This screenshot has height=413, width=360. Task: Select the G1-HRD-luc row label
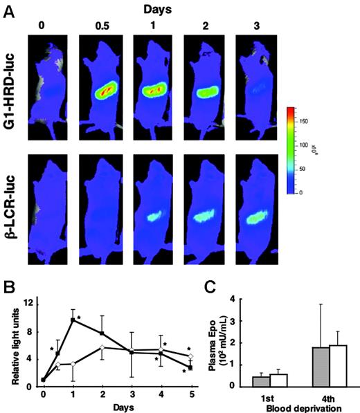pyautogui.click(x=12, y=86)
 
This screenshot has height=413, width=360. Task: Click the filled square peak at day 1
pyautogui.click(x=73, y=320)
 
